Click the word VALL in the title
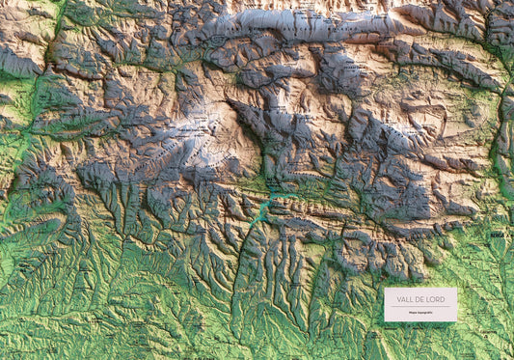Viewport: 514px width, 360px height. pos(404,298)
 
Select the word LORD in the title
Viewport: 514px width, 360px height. pos(434,298)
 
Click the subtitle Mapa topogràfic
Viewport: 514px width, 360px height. pos(419,312)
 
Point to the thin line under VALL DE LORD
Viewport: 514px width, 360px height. pos(419,306)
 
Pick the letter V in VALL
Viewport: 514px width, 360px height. pos(398,298)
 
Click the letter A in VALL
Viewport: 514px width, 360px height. pos(402,298)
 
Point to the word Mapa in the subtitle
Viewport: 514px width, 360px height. pos(412,312)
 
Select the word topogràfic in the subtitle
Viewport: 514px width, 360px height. pos(423,312)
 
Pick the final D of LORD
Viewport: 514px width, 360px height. pos(442,298)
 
